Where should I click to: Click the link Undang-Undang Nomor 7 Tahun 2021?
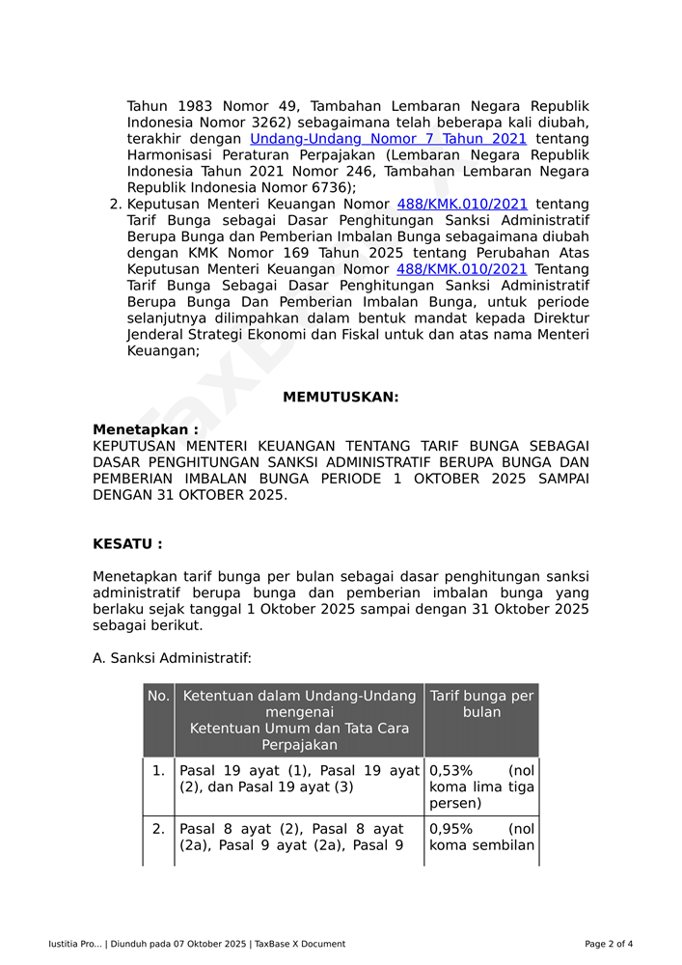(x=388, y=139)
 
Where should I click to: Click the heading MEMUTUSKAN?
(x=341, y=398)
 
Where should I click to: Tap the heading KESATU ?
(x=127, y=544)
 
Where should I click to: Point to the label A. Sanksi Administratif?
(x=172, y=658)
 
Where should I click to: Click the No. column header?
(x=158, y=696)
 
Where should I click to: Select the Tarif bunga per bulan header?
(x=481, y=703)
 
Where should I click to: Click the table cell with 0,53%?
(x=481, y=786)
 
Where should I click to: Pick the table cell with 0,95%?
(x=481, y=837)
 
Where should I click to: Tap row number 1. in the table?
(x=158, y=771)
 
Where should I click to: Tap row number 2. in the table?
(x=158, y=829)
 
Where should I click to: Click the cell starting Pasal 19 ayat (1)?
(x=299, y=779)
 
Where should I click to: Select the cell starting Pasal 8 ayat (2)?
(x=299, y=837)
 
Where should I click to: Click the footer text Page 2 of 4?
(x=609, y=944)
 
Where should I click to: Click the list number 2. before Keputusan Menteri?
(x=116, y=205)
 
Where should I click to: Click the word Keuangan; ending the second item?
(x=163, y=351)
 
